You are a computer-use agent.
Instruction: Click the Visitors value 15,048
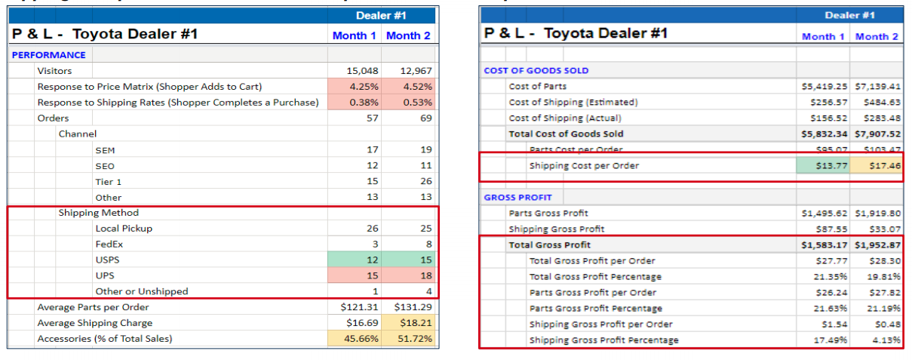point(362,70)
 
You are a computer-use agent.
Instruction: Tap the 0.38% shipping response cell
point(363,102)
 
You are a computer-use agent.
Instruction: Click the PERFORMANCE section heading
point(48,54)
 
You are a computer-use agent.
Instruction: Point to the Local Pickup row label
point(124,228)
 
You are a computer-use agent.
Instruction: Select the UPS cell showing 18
point(408,275)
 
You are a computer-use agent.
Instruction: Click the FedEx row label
point(109,244)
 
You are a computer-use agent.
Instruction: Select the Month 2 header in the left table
point(408,35)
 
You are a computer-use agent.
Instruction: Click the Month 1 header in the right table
point(823,36)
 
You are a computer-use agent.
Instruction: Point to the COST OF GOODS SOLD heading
point(536,70)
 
